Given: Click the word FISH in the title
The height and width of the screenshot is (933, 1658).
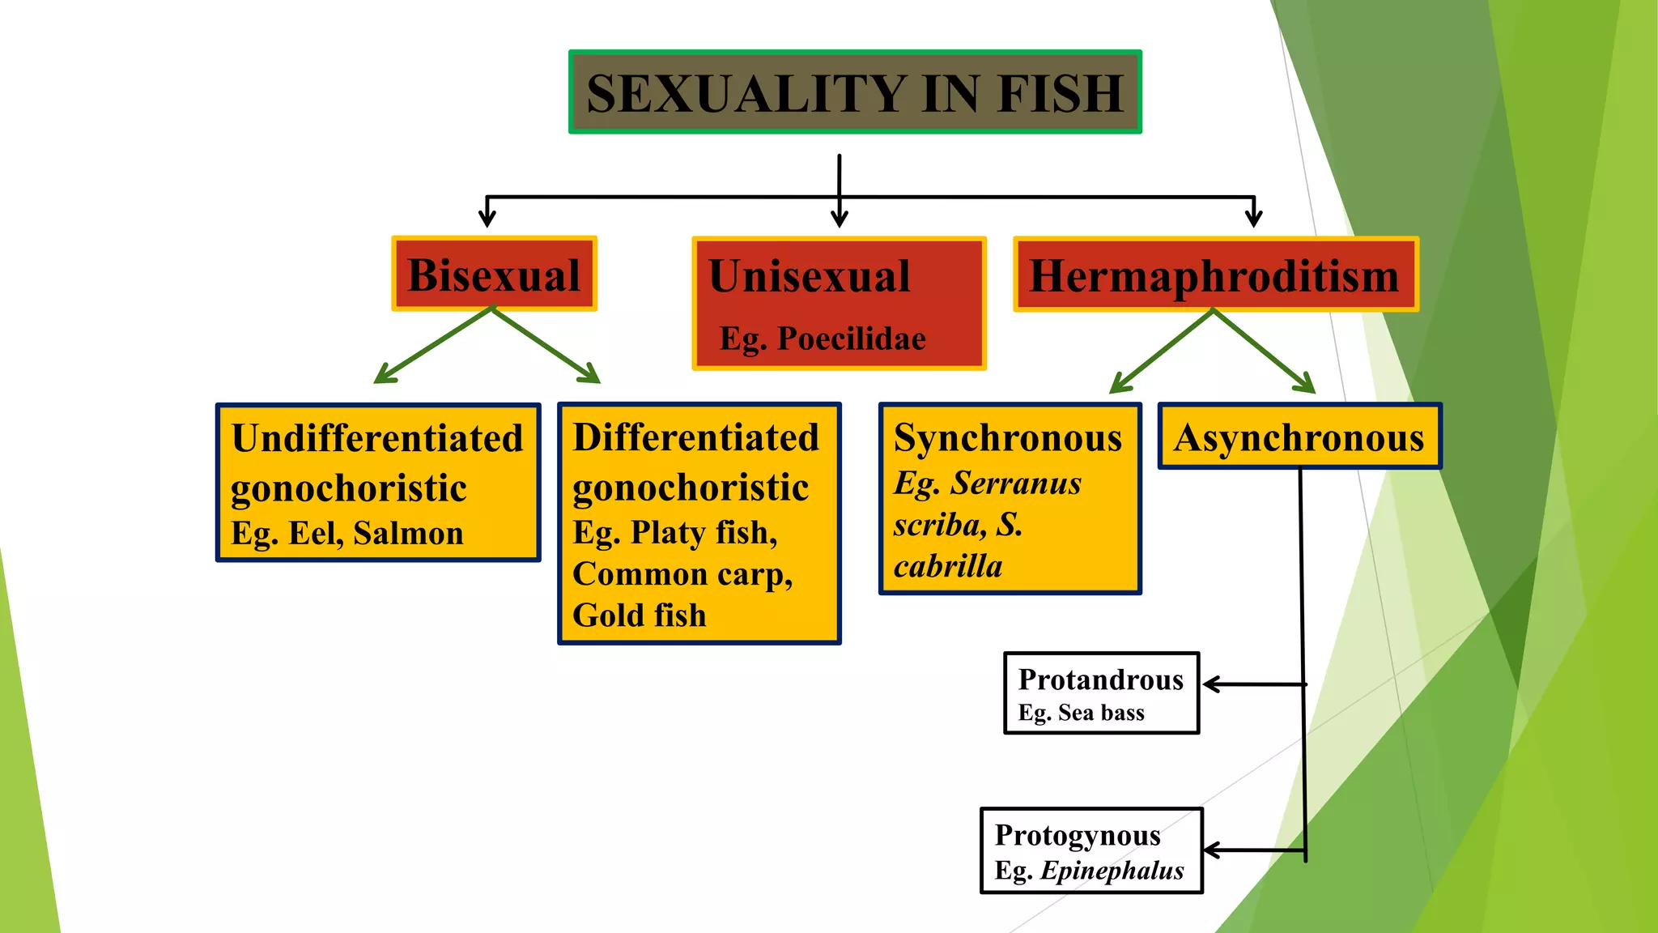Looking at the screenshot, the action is [x=1060, y=93].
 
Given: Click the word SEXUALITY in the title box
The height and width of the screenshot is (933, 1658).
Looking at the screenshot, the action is [x=745, y=93].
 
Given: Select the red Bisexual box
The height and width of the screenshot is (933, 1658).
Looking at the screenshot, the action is [x=494, y=275].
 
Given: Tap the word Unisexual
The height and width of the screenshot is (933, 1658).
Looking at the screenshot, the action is [x=810, y=276].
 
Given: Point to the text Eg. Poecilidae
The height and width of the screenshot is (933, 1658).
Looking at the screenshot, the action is [x=823, y=339].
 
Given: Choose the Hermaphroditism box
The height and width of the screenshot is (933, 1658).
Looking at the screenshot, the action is [x=1214, y=275].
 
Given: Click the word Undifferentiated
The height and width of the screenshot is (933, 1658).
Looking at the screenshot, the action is [x=377, y=438].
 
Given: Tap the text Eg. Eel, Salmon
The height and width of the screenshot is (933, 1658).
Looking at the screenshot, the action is [x=347, y=534].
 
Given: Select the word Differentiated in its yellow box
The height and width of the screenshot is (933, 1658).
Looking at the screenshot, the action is [x=696, y=437].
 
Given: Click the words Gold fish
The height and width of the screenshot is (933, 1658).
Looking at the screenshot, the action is [x=640, y=616].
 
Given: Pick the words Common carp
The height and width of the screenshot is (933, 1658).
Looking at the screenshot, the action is [x=682, y=574].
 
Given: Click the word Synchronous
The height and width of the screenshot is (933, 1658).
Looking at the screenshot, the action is [x=1008, y=438].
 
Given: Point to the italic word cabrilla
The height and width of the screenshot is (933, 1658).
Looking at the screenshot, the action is [x=948, y=566].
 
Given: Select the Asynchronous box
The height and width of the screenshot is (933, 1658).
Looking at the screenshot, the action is [x=1299, y=437].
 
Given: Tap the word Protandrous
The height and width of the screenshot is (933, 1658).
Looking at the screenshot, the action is [x=1101, y=680].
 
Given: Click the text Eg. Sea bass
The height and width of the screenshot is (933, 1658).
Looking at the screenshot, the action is [x=1082, y=713].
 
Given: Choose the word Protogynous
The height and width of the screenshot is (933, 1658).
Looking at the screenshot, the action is [x=1078, y=835].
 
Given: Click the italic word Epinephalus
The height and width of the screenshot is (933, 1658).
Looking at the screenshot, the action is [x=1112, y=871].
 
